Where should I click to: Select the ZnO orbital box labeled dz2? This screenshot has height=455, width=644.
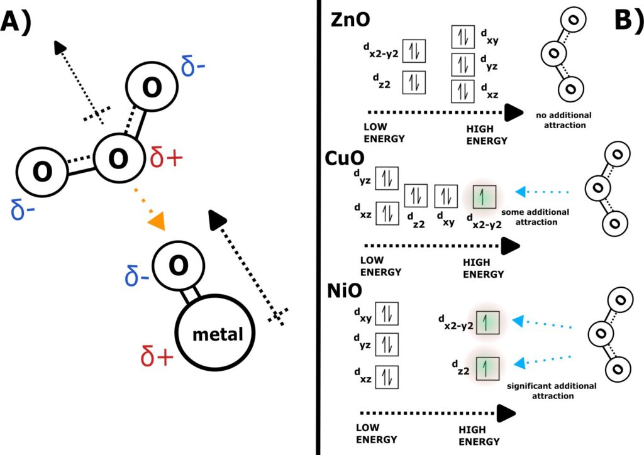click(x=413, y=82)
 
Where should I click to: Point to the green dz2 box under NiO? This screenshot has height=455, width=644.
click(x=487, y=366)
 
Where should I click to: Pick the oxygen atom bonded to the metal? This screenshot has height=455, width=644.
click(x=178, y=266)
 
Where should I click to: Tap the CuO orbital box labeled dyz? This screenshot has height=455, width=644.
click(x=387, y=179)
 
